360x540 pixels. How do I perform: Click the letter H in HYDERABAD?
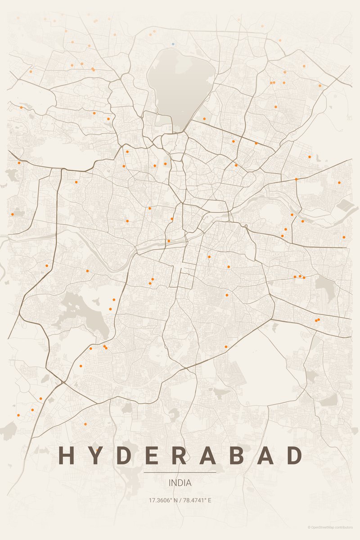tap(66, 455)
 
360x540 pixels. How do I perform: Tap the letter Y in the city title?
tap(94, 455)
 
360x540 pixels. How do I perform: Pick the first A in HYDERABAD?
tap(208, 455)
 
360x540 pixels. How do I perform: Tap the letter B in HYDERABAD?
tap(237, 455)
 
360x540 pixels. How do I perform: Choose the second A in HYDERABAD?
tap(265, 455)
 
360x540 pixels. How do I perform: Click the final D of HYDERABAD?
tap(294, 455)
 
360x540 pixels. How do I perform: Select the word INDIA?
tap(180, 483)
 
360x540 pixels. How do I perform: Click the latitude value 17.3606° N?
tap(163, 500)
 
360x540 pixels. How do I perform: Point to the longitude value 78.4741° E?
tap(197, 500)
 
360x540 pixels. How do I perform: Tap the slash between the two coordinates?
tap(180, 500)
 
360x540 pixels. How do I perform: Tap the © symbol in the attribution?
tap(309, 527)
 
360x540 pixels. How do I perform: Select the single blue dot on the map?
tap(173, 44)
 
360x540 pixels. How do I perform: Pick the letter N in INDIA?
tap(175, 483)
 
